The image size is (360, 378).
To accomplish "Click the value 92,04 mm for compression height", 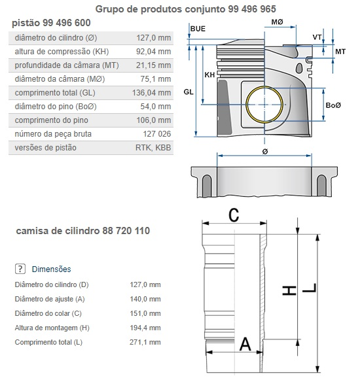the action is [x=153, y=52].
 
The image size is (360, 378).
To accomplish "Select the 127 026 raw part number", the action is [x=157, y=134].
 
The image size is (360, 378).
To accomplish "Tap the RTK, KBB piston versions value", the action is [x=153, y=148].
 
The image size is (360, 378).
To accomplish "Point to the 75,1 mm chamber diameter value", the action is [x=156, y=79].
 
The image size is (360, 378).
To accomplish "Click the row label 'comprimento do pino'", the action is [x=52, y=120].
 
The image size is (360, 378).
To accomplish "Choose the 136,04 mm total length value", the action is [x=152, y=93].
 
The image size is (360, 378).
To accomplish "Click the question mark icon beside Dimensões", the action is [x=20, y=269].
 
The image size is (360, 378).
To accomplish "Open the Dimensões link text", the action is [x=52, y=269].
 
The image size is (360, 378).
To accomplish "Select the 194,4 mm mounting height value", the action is [x=145, y=328].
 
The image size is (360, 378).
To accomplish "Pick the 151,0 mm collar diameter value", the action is [x=145, y=313].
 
